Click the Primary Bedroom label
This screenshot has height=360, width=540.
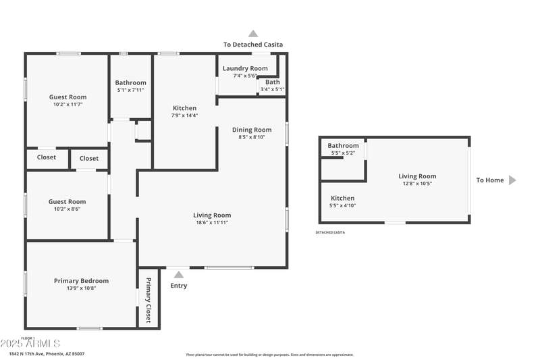point(81,281)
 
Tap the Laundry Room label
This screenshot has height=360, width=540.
point(245,68)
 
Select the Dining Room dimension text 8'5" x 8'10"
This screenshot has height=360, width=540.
point(252,137)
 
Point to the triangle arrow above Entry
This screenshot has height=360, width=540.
point(179,274)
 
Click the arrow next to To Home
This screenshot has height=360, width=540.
point(512,180)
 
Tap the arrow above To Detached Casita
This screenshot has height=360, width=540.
point(253,33)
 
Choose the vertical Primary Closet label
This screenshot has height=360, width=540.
point(148,300)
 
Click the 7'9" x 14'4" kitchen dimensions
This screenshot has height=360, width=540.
point(184,115)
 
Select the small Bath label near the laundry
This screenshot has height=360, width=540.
point(272,82)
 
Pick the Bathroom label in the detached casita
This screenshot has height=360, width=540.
point(343,146)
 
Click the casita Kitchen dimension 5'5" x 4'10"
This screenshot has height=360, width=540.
point(342,205)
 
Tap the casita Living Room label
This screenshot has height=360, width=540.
point(417,176)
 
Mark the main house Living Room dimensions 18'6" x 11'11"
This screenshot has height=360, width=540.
point(212,222)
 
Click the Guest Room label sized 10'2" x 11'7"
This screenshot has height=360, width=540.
point(67,97)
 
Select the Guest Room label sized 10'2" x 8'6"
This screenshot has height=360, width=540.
point(67,201)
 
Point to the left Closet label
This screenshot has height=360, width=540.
point(47,157)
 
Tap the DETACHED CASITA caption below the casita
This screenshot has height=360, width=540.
point(330,232)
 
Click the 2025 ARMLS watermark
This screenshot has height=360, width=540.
point(30,344)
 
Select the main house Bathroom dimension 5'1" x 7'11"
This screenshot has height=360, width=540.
point(130,90)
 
